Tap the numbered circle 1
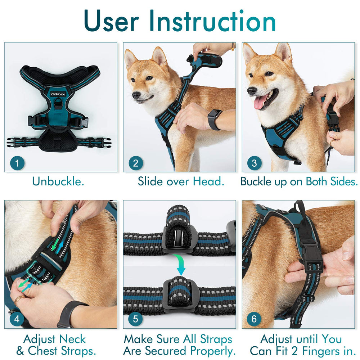[x=17, y=163]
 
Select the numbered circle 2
[x=136, y=163]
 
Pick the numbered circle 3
[x=254, y=163]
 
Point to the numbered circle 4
[x=17, y=319]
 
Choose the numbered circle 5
[x=136, y=319]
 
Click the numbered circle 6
[x=254, y=319]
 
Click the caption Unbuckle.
[x=58, y=181]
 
